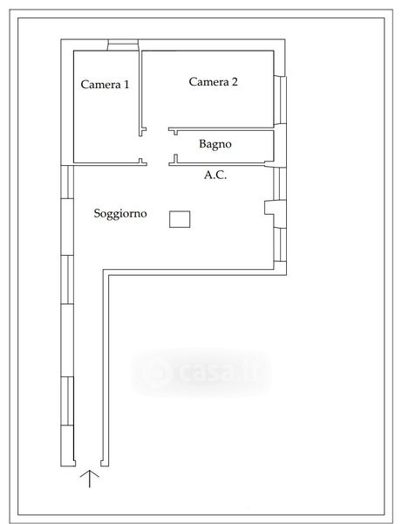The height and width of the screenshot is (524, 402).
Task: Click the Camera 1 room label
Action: (105, 84)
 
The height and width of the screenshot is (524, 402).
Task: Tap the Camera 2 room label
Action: (213, 81)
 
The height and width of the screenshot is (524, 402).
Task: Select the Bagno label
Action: (215, 144)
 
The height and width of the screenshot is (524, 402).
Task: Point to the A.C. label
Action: (215, 175)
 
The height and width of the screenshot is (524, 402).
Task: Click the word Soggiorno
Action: (120, 213)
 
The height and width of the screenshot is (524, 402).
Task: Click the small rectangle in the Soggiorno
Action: (180, 219)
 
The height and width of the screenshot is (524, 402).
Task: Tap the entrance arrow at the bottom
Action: (90, 479)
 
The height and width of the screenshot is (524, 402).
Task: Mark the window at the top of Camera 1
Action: (123, 45)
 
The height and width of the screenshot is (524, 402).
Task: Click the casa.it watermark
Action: (201, 372)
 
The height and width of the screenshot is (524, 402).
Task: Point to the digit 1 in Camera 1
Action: (126, 84)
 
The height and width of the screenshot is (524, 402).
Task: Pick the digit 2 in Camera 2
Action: (235, 81)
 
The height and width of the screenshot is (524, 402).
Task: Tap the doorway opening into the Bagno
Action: (174, 145)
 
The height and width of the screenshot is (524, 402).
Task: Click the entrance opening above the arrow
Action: (88, 464)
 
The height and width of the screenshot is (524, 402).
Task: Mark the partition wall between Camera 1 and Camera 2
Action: (140, 90)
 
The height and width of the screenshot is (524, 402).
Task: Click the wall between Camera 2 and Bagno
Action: (221, 129)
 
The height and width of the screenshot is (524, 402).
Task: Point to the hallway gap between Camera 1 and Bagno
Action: (158, 147)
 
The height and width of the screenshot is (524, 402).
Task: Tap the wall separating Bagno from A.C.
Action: (221, 164)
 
